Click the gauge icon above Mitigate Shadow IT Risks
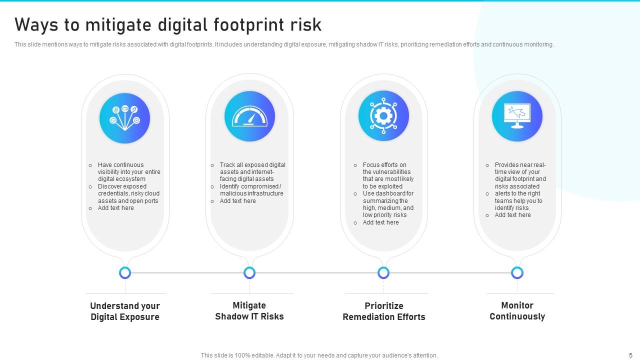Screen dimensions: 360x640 249,116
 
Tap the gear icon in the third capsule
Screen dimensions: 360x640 383,116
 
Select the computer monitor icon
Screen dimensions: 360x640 517,116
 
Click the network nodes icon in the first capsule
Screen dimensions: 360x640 124,118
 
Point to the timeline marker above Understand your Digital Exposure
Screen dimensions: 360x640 125,272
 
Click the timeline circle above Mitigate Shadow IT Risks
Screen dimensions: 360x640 249,272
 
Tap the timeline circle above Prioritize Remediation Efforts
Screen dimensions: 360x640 383,272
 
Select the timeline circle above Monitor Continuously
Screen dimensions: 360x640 517,272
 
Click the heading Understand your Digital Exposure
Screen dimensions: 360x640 125,311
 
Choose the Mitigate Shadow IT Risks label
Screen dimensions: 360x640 249,310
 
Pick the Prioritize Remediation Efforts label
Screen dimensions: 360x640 383,311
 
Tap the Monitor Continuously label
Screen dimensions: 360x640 517,310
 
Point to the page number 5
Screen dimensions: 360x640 630,355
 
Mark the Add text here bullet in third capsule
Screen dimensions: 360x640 380,222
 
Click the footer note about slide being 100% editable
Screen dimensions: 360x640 319,355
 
